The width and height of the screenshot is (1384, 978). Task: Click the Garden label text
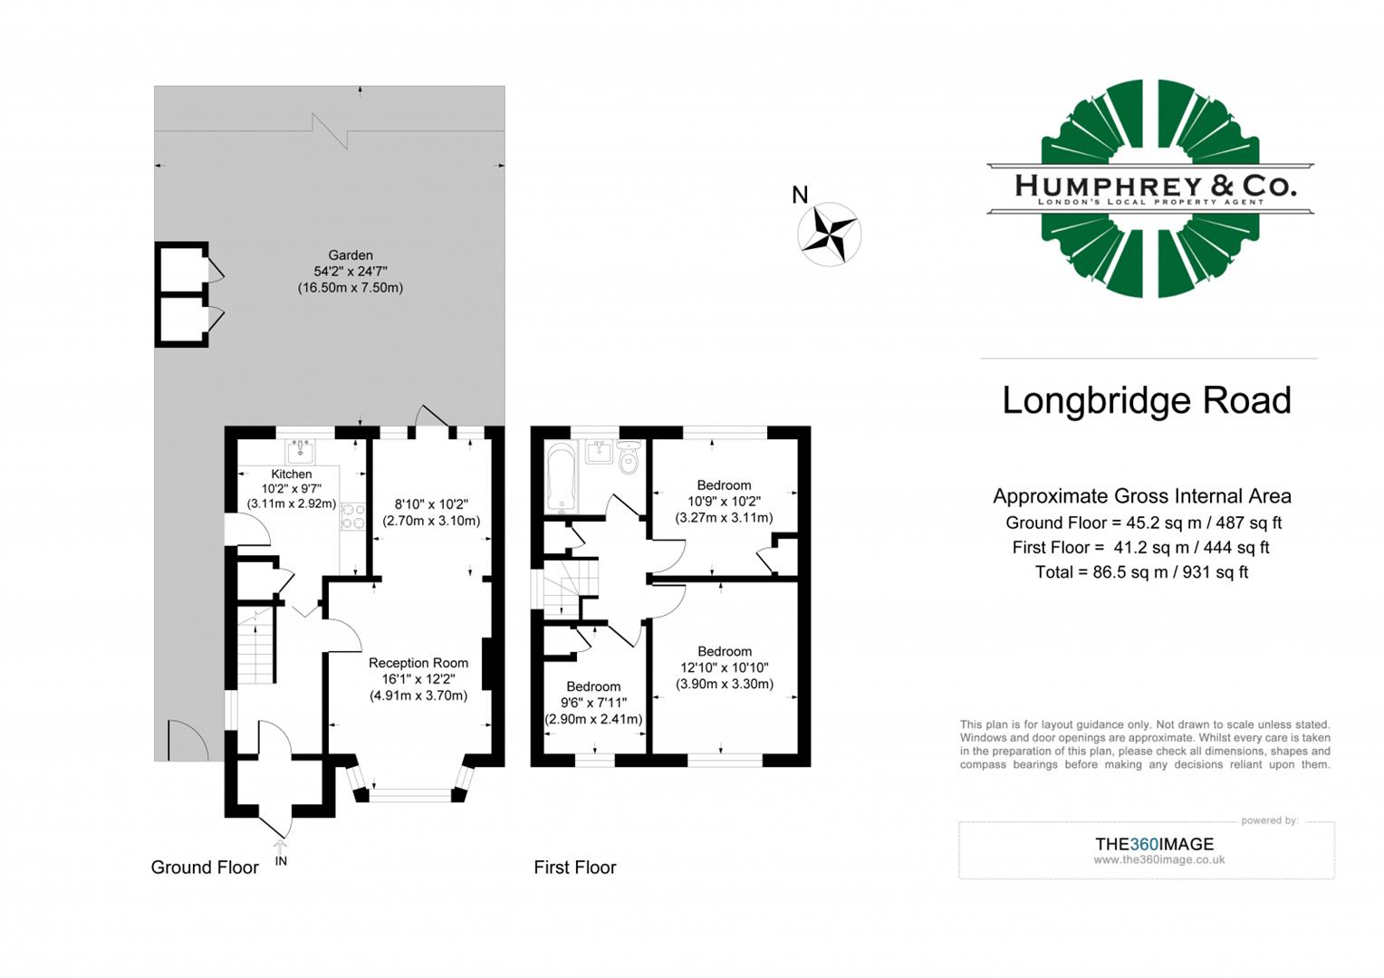(x=351, y=255)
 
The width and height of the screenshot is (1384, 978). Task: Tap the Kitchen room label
(x=292, y=474)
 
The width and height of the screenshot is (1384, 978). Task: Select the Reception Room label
(x=418, y=663)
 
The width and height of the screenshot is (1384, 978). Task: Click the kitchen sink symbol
(x=300, y=450)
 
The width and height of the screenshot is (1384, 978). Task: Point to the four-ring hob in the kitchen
(x=352, y=516)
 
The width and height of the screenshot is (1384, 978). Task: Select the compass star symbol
(x=829, y=234)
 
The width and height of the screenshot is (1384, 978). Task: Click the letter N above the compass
(x=800, y=195)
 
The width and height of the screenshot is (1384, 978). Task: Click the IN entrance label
(x=281, y=860)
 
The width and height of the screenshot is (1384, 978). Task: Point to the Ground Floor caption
(x=205, y=868)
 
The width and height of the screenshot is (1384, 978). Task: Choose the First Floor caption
(x=575, y=868)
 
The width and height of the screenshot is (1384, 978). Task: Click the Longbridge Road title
(x=1147, y=400)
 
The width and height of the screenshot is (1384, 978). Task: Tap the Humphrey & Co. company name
(x=1155, y=186)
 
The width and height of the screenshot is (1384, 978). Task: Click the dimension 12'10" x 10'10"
(x=725, y=667)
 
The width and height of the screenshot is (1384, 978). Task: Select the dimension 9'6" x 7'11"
(x=593, y=703)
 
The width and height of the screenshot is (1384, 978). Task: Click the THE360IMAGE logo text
(x=1154, y=844)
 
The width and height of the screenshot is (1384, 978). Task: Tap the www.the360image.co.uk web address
(x=1158, y=860)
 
